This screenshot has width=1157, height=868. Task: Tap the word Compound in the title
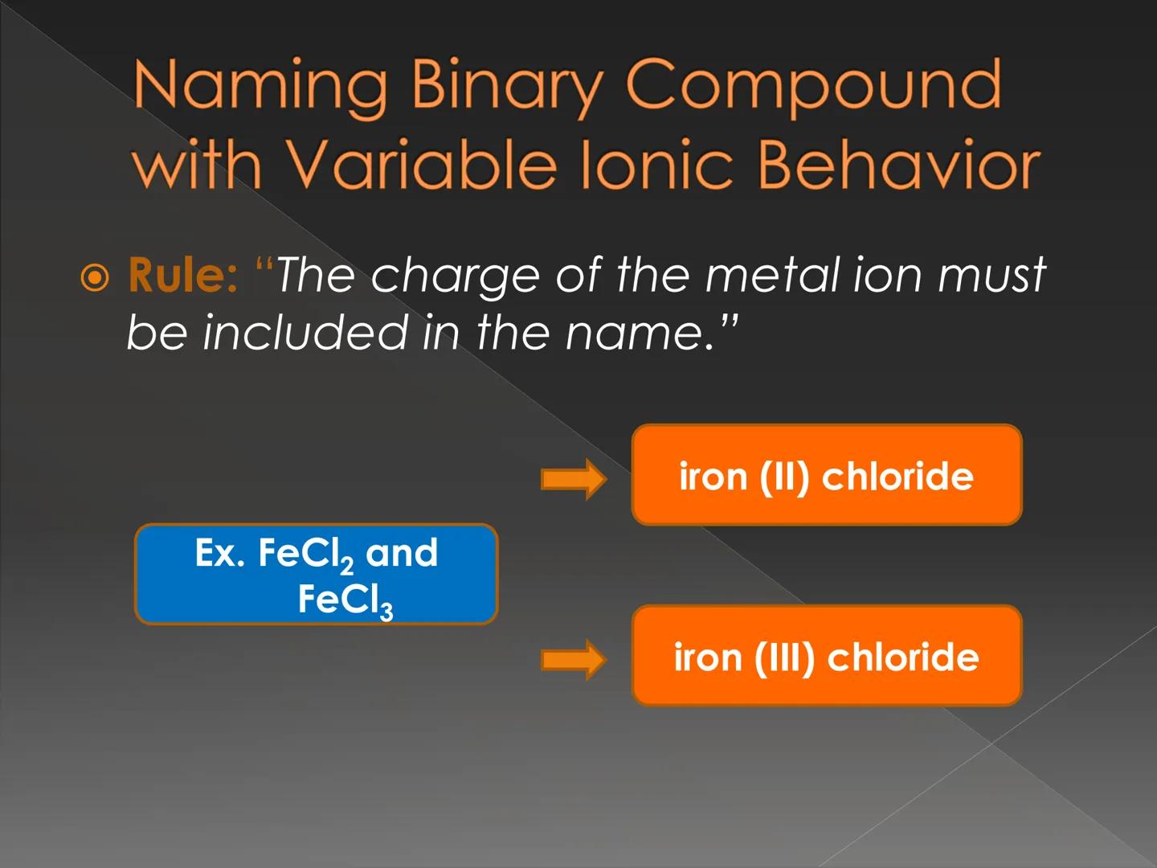pyautogui.click(x=813, y=86)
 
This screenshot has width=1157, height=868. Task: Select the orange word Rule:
pyautogui.click(x=182, y=276)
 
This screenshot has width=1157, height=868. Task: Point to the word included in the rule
pyautogui.click(x=305, y=332)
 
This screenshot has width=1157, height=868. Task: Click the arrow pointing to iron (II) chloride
pyautogui.click(x=573, y=480)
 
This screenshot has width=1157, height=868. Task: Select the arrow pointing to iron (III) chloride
pyautogui.click(x=573, y=660)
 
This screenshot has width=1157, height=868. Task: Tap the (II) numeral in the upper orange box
pyautogui.click(x=783, y=477)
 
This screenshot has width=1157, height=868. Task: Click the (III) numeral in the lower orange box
pyautogui.click(x=784, y=657)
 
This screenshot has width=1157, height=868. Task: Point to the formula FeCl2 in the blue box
pyautogui.click(x=305, y=555)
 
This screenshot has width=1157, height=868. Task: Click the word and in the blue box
pyautogui.click(x=402, y=553)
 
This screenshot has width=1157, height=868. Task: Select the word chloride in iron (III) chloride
pyautogui.click(x=903, y=657)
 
